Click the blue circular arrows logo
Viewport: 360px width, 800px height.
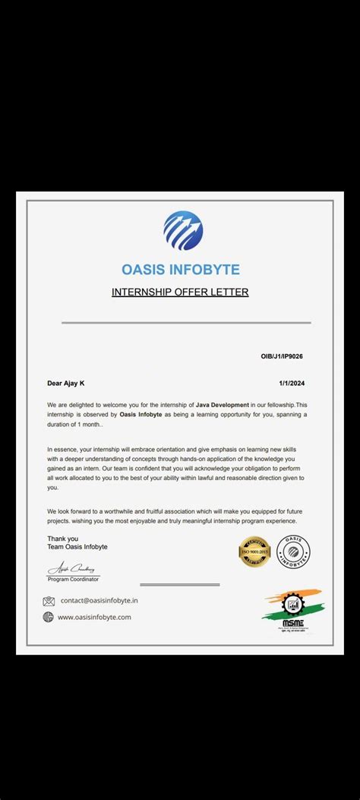(x=183, y=230)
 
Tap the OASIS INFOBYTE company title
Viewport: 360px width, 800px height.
(x=181, y=270)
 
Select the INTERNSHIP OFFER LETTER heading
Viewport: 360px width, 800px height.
(x=180, y=292)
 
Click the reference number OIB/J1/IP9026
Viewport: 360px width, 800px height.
(x=283, y=356)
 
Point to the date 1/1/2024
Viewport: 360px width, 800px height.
(x=292, y=383)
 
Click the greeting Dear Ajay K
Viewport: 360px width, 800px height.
(x=71, y=383)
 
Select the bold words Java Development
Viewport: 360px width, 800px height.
(x=222, y=405)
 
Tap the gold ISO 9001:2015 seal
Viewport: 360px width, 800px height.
(x=254, y=552)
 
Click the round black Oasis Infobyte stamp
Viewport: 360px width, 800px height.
(x=293, y=551)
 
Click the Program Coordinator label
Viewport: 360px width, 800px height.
(x=74, y=579)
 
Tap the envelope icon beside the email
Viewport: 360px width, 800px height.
(x=49, y=601)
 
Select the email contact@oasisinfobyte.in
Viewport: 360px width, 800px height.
(x=99, y=601)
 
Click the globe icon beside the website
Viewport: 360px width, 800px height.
(x=49, y=617)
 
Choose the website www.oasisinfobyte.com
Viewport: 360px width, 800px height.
(x=94, y=617)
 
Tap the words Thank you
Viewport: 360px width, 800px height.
(x=62, y=539)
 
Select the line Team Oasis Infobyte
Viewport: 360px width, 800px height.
(x=77, y=547)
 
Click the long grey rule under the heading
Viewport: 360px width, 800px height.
(x=186, y=323)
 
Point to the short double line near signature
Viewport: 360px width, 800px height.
(x=180, y=585)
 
